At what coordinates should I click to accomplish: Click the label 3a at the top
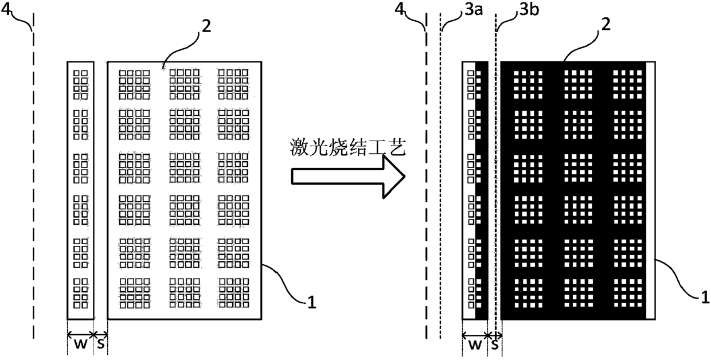pyautogui.click(x=474, y=10)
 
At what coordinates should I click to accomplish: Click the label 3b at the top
pyautogui.click(x=529, y=10)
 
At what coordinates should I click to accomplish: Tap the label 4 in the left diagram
pyautogui.click(x=6, y=9)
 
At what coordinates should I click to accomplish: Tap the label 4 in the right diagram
pyautogui.click(x=400, y=9)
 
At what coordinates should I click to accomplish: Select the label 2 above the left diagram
pyautogui.click(x=206, y=26)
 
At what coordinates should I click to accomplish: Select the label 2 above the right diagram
pyautogui.click(x=605, y=25)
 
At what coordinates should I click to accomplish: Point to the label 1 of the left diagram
pyautogui.click(x=312, y=302)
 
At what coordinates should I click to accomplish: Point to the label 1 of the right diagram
pyautogui.click(x=705, y=297)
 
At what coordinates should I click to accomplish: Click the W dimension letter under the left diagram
pyautogui.click(x=80, y=344)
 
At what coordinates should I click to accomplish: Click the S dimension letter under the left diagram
pyautogui.click(x=100, y=344)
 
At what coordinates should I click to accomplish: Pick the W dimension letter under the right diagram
pyautogui.click(x=475, y=345)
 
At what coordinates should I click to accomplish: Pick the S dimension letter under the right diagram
pyautogui.click(x=495, y=345)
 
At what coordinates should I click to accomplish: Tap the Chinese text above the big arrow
pyautogui.click(x=348, y=148)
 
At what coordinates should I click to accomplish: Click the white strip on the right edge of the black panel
pyautogui.click(x=651, y=190)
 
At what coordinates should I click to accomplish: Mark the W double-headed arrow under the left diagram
pyautogui.click(x=81, y=335)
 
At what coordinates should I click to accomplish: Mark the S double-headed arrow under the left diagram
pyautogui.click(x=101, y=335)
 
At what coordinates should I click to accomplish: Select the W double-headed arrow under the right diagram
pyautogui.click(x=475, y=335)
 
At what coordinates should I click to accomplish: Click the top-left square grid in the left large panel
pyautogui.click(x=134, y=84)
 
